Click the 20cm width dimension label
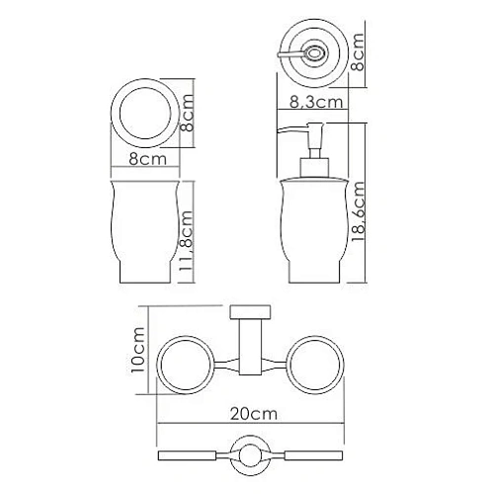click(x=253, y=414)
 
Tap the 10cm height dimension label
click(x=137, y=350)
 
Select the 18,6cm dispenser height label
click(x=358, y=211)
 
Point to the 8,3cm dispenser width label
click(x=316, y=102)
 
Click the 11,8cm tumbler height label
click(x=186, y=241)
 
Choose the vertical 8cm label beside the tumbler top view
click(x=187, y=113)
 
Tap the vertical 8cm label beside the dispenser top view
click(x=358, y=52)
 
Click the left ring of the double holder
click(x=157, y=365)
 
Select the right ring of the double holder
click(x=344, y=365)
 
